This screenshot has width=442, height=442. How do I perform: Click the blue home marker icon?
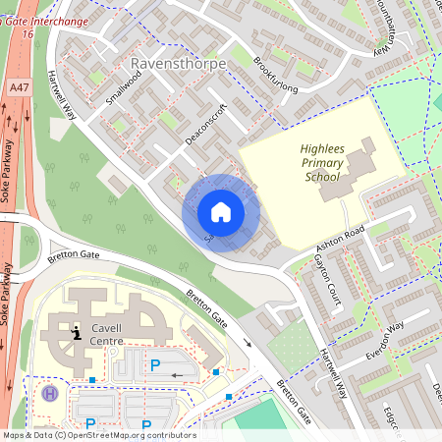221,212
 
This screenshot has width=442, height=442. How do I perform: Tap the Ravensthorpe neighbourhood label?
178,64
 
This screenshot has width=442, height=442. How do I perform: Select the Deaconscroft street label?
206,124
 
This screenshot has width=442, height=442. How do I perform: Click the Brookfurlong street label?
274,75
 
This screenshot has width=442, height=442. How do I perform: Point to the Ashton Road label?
340,235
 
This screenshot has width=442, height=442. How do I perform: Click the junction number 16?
27,34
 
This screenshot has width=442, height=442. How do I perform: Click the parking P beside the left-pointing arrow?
154,365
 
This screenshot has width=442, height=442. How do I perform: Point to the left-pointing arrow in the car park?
177,375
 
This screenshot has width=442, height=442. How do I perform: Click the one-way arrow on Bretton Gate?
247,344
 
